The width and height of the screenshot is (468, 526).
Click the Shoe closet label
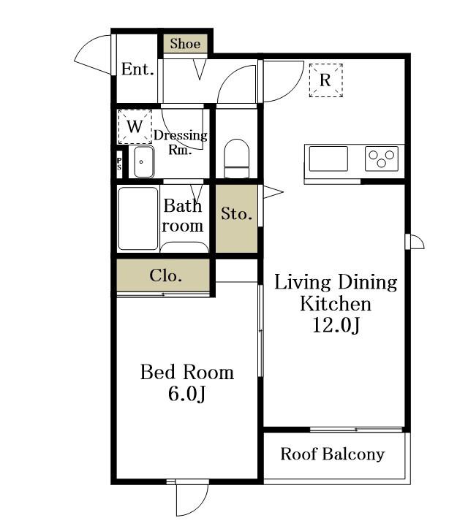pos(185,44)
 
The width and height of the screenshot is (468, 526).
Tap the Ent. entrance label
pos(137,69)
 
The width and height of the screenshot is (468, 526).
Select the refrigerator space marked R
pos(325,80)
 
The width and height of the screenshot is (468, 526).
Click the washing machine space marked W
pos(135,127)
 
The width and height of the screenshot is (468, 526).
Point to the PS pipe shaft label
pos(119,164)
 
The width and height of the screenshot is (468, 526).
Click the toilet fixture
pos(237,159)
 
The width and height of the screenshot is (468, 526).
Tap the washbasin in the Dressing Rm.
pos(144,161)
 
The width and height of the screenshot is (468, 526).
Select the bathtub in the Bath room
pos(138,218)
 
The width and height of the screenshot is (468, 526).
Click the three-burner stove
pos(382,159)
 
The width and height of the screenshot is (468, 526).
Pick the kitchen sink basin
pos(328,159)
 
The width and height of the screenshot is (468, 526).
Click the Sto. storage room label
pos(236,213)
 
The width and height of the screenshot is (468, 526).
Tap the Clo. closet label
pos(165,275)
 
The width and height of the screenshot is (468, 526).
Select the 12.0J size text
pos(336,324)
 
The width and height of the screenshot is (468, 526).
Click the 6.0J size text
pos(186,394)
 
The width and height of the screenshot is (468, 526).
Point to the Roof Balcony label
pos(333,454)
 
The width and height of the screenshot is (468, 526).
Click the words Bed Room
pos(187,372)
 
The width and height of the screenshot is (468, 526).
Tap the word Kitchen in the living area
pos(336,304)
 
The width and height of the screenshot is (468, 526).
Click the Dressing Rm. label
pos(181,142)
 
